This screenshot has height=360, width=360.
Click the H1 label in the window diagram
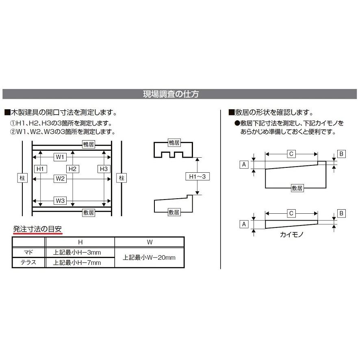point(40,169)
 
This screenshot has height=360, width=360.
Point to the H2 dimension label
point(72,169)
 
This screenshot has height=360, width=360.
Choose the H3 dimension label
point(104,169)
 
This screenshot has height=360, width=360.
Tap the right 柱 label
point(121,178)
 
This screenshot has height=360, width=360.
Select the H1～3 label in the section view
point(197,176)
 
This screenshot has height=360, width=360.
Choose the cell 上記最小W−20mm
point(149,258)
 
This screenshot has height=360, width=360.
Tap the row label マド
point(28,252)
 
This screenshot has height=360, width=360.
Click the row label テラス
point(28,262)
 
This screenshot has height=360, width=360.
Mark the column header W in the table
point(149,242)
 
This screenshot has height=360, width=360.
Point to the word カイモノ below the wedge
point(291,235)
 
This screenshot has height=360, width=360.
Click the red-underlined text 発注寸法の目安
point(38,229)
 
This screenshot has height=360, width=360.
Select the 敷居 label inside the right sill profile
point(297,188)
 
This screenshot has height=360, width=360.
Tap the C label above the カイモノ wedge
point(291,213)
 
